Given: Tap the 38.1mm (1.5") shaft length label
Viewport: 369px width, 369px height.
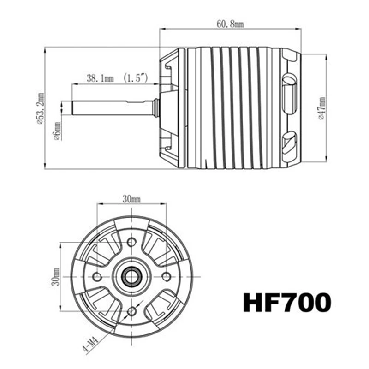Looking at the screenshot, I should [x=116, y=78].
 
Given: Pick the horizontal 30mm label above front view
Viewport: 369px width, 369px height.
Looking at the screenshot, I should [x=131, y=199].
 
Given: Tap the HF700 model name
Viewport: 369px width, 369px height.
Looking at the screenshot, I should [x=287, y=304].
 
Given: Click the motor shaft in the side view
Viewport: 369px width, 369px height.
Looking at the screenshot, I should [x=111, y=108].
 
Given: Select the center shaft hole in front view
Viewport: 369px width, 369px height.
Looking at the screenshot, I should [x=132, y=276].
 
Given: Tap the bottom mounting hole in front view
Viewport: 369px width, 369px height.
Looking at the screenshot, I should [x=132, y=310].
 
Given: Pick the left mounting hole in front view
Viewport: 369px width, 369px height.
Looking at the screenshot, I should [x=97, y=276].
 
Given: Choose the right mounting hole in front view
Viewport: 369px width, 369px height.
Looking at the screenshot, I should [x=167, y=276].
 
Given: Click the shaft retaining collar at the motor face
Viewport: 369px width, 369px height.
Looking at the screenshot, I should [x=156, y=108].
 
